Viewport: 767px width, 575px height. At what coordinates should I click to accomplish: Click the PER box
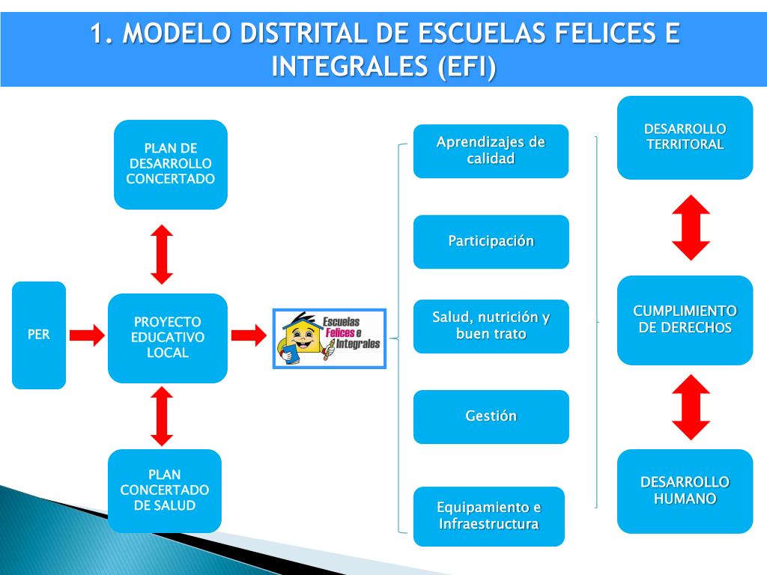coord(39,335)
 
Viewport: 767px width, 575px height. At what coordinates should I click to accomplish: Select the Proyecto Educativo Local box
coord(168,338)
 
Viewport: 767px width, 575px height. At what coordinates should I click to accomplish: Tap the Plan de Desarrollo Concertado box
coord(171,164)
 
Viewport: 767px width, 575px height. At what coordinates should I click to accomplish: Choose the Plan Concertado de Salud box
coord(165,490)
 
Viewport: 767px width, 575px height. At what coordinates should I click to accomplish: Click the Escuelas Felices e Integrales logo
coord(329,338)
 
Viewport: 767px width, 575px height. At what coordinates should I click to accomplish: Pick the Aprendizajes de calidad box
coord(491,150)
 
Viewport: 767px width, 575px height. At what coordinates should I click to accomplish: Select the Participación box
coord(491,241)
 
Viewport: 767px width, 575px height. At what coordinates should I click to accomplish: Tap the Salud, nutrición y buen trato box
coord(491,326)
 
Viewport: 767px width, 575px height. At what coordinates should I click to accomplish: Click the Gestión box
coord(491,416)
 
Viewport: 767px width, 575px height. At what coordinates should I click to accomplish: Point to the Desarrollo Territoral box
coord(685,137)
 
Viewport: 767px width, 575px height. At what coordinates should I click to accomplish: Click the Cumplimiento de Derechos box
coord(685,320)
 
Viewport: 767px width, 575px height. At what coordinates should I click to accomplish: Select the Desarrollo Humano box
coord(685,490)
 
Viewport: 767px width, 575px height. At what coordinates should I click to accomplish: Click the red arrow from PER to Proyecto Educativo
coord(88,335)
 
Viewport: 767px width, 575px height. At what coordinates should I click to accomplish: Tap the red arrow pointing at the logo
coord(249,335)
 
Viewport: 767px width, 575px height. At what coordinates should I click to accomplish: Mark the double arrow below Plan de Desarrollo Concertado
coord(162,254)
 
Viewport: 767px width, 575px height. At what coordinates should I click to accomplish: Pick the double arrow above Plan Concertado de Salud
coord(162,416)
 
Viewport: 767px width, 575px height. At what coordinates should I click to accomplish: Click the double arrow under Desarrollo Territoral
coord(691,228)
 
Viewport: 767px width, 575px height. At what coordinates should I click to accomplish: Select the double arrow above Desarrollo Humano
coord(691,407)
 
